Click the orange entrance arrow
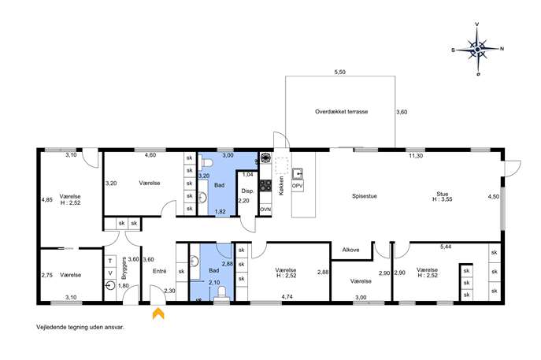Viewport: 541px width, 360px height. tap(158, 314)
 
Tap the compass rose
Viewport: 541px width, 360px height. tap(477, 50)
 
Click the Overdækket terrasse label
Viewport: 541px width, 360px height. tap(341, 112)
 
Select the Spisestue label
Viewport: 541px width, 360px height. tap(365, 196)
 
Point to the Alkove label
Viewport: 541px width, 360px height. tap(350, 250)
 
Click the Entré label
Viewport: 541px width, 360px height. tap(159, 271)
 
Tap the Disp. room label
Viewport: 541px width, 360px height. tap(247, 191)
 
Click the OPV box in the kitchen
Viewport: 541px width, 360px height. tap(298, 186)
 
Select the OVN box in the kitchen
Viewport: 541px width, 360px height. tap(265, 210)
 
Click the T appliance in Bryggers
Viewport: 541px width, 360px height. tap(110, 261)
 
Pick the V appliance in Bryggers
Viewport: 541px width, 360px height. tap(110, 273)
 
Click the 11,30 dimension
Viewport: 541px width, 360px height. tap(416, 156)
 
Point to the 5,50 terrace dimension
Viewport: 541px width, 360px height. tap(340, 72)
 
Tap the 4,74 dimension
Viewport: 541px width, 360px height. tap(287, 296)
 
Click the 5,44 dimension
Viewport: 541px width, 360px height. tap(446, 247)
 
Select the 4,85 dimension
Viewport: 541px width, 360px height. tap(46, 199)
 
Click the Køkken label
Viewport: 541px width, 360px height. tap(282, 186)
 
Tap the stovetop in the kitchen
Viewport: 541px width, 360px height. tap(265, 185)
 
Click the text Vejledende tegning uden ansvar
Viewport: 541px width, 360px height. tap(80, 327)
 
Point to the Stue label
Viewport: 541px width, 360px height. tap(443, 194)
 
